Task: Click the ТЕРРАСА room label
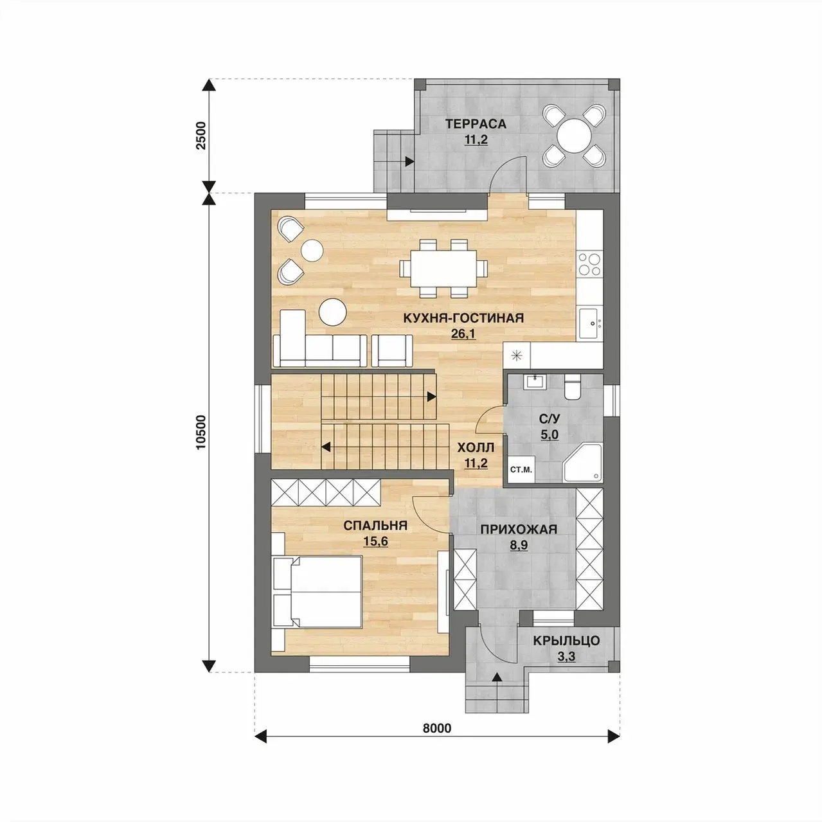(x=476, y=123)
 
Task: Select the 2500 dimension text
(x=201, y=135)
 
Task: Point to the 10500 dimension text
(x=201, y=432)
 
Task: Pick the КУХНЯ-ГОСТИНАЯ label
(x=463, y=318)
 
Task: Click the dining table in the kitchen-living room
(x=443, y=269)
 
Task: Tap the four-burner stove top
(x=589, y=264)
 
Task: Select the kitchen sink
(x=590, y=323)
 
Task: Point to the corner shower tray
(x=582, y=463)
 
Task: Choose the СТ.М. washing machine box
(x=521, y=470)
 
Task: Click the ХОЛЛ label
(x=476, y=447)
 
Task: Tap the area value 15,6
(x=375, y=541)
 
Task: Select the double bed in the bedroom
(x=317, y=591)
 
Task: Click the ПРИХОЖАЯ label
(x=519, y=530)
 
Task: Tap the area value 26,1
(x=463, y=334)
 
